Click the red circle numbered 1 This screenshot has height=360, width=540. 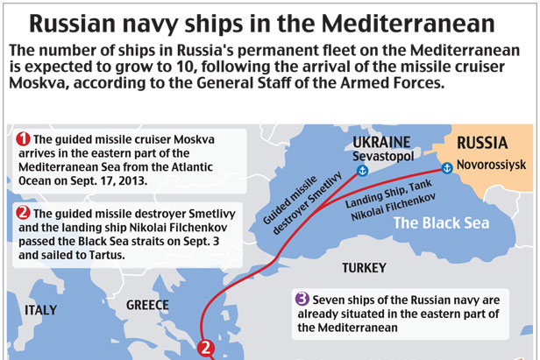pos(24,139)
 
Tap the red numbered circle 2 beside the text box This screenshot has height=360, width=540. pos(24,212)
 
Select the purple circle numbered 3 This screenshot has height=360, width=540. pos(302,297)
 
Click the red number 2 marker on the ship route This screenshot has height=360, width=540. pos(206,348)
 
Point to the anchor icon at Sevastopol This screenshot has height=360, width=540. pos(360,169)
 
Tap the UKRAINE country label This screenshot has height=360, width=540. pos(380,142)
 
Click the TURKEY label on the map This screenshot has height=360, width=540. pos(364,267)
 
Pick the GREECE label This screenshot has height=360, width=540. pos(147,306)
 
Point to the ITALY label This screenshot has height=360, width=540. pos(41,310)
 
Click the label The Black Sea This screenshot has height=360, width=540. pos(440,222)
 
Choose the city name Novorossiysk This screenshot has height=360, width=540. pos(490,165)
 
